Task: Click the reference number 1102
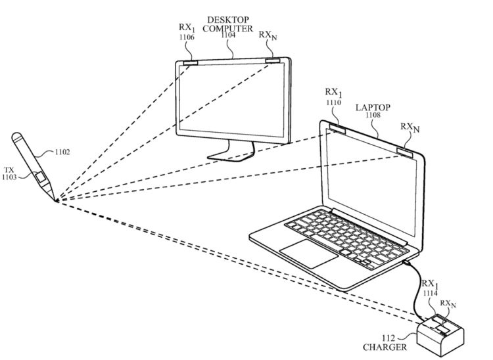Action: click(62, 152)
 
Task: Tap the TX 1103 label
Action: click(9, 173)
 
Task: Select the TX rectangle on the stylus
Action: click(41, 177)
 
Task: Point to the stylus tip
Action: click(57, 202)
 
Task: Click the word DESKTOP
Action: click(228, 20)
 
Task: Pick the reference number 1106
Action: click(187, 37)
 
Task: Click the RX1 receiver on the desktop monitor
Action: click(190, 63)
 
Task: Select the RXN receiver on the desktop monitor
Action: click(273, 60)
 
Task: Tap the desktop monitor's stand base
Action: click(231, 156)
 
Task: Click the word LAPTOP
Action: click(373, 108)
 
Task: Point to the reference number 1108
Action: click(373, 115)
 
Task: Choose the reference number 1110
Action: click(333, 102)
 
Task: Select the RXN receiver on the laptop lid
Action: click(405, 152)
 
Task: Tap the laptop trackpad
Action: click(309, 254)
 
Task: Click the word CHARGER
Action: click(385, 347)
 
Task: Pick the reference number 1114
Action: click(430, 293)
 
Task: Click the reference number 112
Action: click(388, 338)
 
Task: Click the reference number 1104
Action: click(228, 35)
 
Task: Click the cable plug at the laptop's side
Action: click(407, 261)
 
